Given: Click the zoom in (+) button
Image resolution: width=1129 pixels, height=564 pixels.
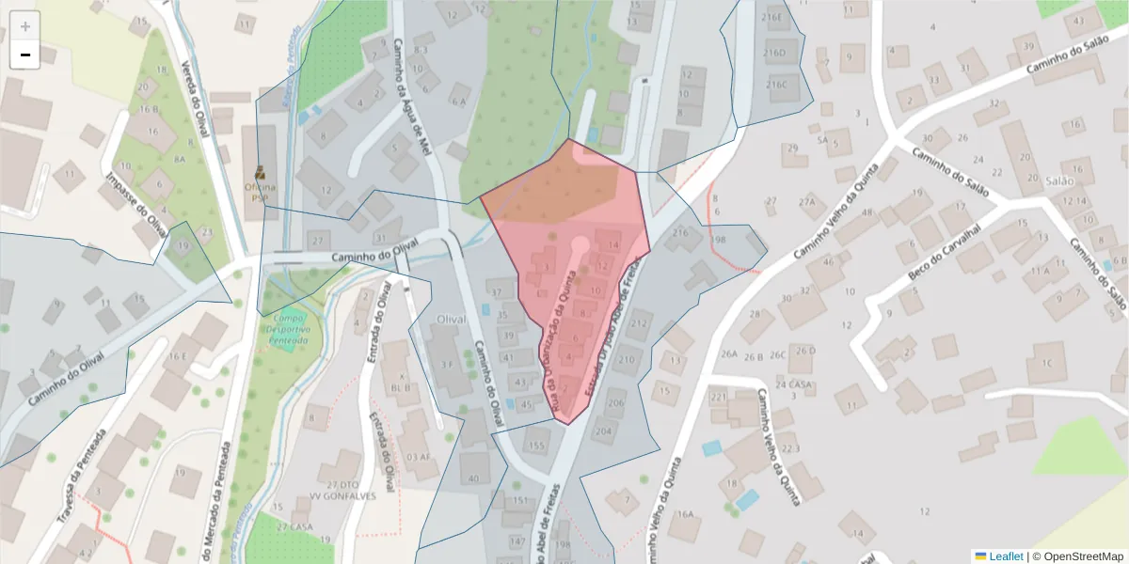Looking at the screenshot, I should (25, 26).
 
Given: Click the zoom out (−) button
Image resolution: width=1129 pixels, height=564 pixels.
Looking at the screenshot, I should (25, 55).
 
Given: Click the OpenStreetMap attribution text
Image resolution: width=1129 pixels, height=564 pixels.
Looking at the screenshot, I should (1077, 556).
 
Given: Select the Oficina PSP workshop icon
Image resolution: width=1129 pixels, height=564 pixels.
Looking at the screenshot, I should (260, 173).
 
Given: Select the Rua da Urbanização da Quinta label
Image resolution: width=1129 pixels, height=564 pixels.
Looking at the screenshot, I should (563, 335).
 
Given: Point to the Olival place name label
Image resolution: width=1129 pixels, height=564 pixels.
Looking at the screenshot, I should (453, 321).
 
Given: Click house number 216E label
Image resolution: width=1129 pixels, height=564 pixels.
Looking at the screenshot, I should (773, 17).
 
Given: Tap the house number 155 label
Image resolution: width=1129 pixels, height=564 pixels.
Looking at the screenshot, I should (536, 446).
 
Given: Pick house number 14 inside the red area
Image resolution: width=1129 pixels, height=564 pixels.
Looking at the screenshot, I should (613, 245).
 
